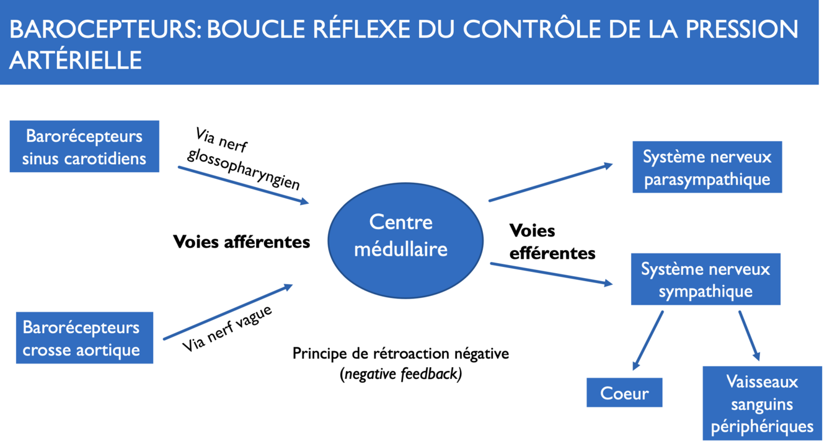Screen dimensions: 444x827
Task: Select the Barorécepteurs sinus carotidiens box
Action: coord(84,147)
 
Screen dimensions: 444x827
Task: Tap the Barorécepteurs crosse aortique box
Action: coord(81,338)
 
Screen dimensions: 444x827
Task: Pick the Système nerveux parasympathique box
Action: coord(707,167)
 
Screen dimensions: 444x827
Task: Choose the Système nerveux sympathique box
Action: coord(705,279)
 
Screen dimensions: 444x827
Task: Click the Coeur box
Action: coord(624,393)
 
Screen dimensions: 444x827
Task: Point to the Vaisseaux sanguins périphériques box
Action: coord(762,403)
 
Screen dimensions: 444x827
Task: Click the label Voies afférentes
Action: coord(241,242)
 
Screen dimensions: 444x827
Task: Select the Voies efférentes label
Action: coord(552,242)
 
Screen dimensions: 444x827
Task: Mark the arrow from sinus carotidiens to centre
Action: coord(243,185)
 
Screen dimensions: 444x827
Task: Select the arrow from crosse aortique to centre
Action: coord(228,312)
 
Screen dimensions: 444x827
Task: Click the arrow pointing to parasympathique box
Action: coord(551,183)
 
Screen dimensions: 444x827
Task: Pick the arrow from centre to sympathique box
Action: coord(551,274)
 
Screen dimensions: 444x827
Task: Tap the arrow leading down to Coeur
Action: coord(648,340)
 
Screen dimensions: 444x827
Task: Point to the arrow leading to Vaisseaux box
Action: coord(749,335)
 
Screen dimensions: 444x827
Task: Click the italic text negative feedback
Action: coord(401,374)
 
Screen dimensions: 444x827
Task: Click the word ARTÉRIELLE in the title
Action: coord(76,60)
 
